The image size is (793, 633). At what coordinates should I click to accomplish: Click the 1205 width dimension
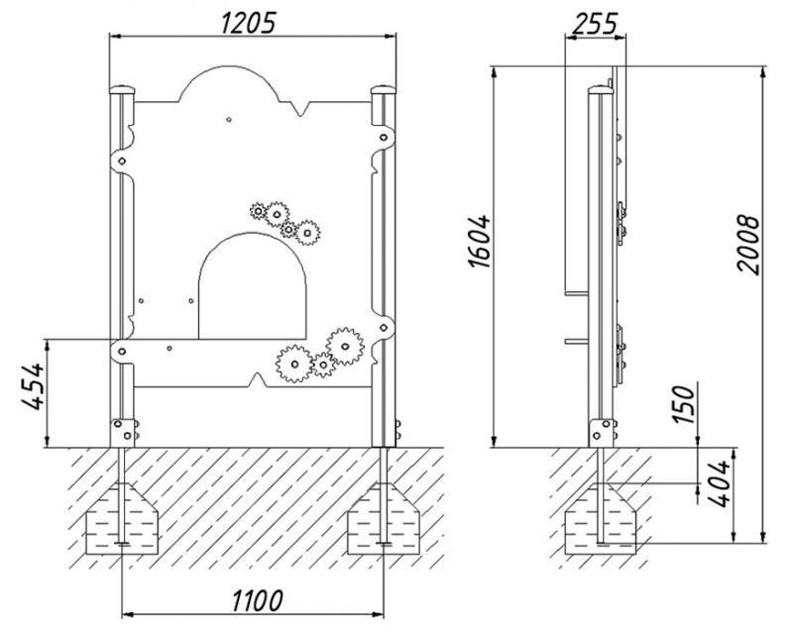coord(249,23)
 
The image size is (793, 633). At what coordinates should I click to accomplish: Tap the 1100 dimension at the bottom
coord(258,600)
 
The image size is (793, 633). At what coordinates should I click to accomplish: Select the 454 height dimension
coord(33,385)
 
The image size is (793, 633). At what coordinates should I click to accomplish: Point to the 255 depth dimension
coord(595,24)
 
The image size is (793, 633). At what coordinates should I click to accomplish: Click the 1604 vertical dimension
coord(479,242)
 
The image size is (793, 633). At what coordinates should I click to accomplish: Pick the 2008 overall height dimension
coord(748,245)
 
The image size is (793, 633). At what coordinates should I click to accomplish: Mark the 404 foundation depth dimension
coord(719,483)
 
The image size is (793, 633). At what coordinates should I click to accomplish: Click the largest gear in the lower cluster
coord(345,347)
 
